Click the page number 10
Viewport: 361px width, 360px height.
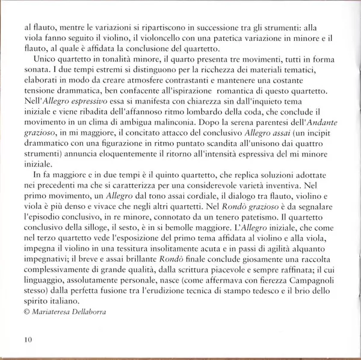[x=28, y=340]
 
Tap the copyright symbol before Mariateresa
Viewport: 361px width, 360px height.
[x=26, y=312]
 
